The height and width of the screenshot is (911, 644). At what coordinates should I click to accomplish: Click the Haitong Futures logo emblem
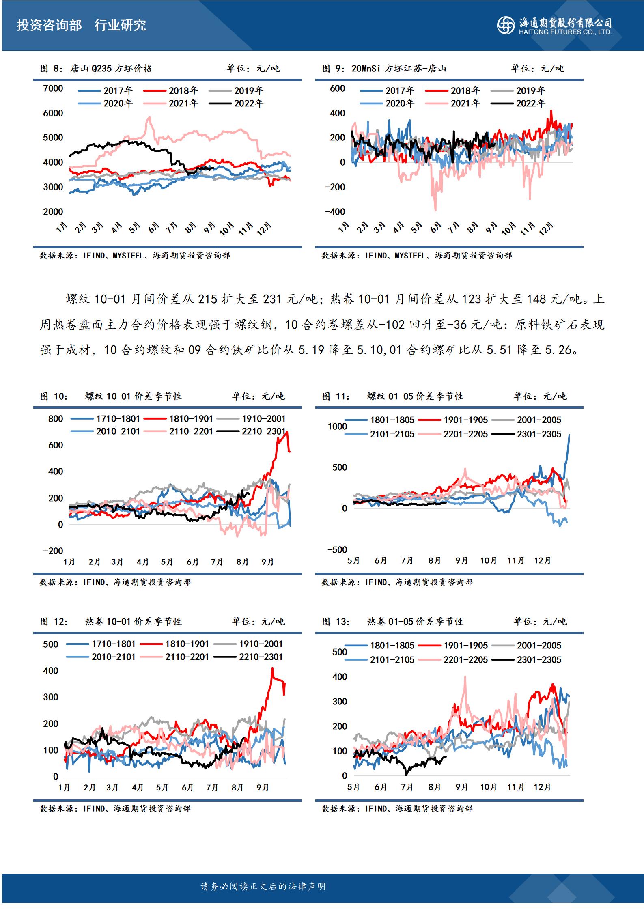pyautogui.click(x=506, y=25)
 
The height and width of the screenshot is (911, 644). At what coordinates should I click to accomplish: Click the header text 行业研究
pyautogui.click(x=120, y=25)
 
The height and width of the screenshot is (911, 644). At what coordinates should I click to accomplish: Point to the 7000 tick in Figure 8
pyautogui.click(x=53, y=88)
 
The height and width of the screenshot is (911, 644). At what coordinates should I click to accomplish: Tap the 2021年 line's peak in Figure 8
pyautogui.click(x=149, y=118)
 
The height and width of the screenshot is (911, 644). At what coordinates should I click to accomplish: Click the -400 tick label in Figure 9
pyautogui.click(x=335, y=212)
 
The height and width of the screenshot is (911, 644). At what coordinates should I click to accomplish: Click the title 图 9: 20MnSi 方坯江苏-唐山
pyautogui.click(x=384, y=69)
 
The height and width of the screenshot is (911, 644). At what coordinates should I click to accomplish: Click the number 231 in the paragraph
pyautogui.click(x=272, y=299)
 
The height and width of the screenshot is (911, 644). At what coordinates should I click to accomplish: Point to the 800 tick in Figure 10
pyautogui.click(x=56, y=419)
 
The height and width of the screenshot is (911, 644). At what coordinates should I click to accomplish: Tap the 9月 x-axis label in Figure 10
pyautogui.click(x=268, y=562)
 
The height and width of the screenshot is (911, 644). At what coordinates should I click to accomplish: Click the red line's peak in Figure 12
pyautogui.click(x=272, y=668)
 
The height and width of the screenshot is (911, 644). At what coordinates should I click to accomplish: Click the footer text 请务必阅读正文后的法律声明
pyautogui.click(x=263, y=886)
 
